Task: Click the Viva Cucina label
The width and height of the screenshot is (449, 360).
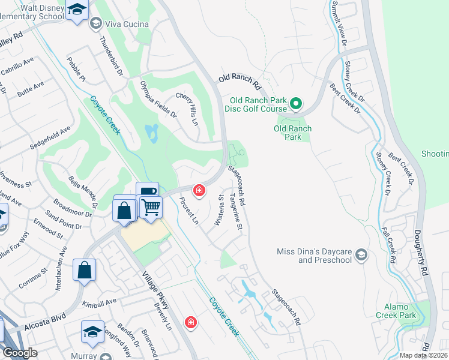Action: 127,23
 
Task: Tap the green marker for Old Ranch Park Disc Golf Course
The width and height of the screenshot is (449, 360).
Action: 295,104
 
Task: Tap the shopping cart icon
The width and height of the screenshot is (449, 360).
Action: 151,208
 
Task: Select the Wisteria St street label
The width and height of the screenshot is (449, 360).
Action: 220,210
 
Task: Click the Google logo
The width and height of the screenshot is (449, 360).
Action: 20,353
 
